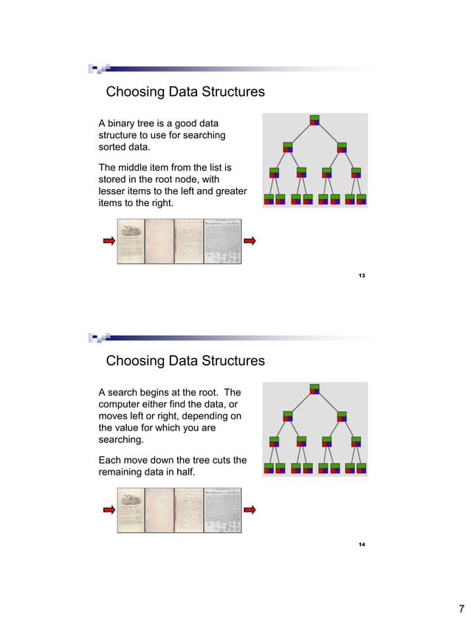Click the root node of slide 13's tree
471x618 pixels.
[x=315, y=120]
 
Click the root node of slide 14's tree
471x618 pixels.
[x=315, y=389]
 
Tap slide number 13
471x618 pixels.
[x=362, y=275]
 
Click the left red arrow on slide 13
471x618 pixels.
[x=108, y=241]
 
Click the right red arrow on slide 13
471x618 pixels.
[x=250, y=241]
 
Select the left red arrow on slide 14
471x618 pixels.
[x=108, y=509]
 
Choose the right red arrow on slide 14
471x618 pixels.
[x=250, y=509]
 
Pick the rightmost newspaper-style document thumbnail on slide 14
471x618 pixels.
[x=223, y=510]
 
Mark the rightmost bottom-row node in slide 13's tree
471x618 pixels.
[x=362, y=199]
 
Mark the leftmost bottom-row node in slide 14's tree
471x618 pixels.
[x=269, y=467]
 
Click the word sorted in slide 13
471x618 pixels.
[x=114, y=148]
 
